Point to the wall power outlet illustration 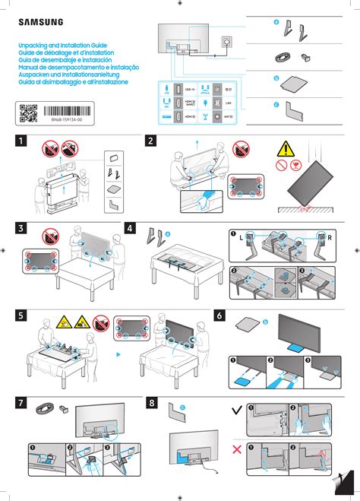pos(226,40)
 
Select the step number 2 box pos(151,141)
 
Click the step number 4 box pos(130,227)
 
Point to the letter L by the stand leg pos(241,239)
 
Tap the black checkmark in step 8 pos(238,411)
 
